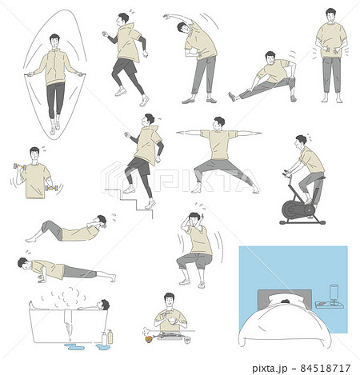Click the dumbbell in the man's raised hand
pos(20,167)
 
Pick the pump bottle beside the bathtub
pos(110,337)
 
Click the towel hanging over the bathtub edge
pos(68,323)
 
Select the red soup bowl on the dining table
pos(149,339)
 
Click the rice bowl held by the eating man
pos(173,321)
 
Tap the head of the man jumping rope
pos(54,41)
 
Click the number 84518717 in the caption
pos(326,369)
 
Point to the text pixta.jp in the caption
pos(270,369)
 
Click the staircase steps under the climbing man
pos(130,202)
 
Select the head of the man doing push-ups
pos(24,264)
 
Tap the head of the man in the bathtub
pos(102,305)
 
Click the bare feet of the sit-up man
pos(30,240)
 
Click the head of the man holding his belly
pos(330,16)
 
